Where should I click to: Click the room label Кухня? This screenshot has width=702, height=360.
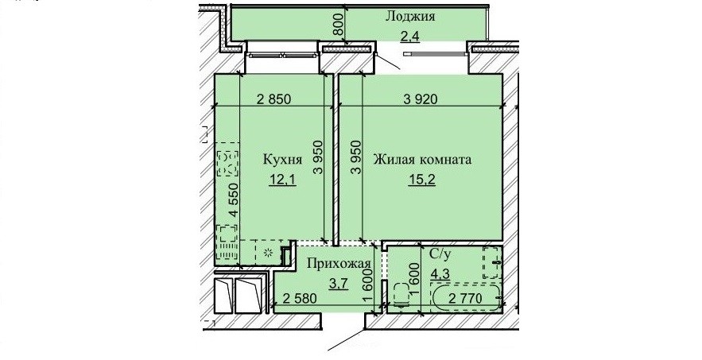click(x=282, y=161)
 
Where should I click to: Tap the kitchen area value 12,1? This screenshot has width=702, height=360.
click(x=283, y=180)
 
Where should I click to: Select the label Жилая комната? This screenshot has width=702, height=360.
click(x=423, y=160)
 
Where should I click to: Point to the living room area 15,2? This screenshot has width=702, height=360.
click(x=421, y=180)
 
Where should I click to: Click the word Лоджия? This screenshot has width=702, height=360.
click(x=410, y=17)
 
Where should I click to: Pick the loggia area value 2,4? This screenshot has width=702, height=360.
click(x=409, y=37)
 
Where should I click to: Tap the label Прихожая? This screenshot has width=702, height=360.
click(x=339, y=263)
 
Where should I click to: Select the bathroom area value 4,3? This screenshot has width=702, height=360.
click(x=440, y=273)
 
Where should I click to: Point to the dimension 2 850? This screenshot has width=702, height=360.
click(x=274, y=99)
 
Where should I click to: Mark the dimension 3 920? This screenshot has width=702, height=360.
click(x=420, y=99)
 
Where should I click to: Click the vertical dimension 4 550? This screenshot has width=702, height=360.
click(x=232, y=199)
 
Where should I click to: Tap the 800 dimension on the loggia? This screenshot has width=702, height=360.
click(x=339, y=25)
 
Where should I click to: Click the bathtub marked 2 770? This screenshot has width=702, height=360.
click(x=466, y=297)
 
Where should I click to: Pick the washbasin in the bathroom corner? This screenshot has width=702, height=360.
click(x=491, y=262)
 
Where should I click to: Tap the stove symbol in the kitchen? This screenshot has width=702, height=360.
click(x=227, y=164)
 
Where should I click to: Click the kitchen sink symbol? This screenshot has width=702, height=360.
click(x=227, y=242)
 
